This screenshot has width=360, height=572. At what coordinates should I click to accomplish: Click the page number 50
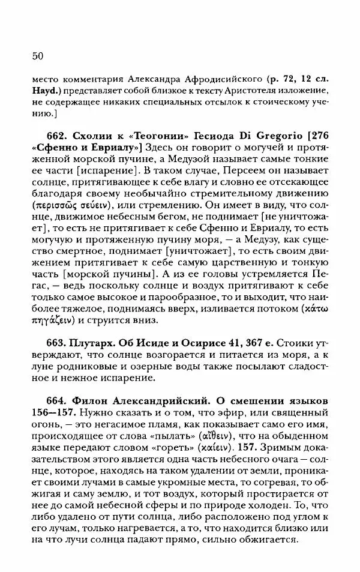(35, 56)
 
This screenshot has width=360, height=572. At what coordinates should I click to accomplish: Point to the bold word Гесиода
(207, 136)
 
